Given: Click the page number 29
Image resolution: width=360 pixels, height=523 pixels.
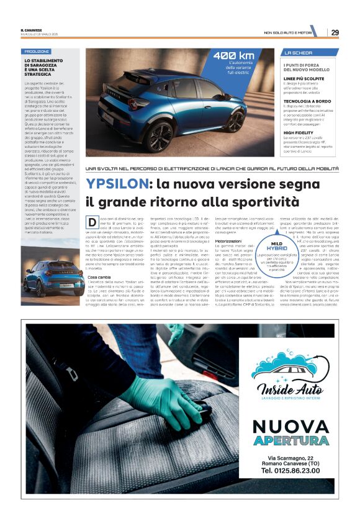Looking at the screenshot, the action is [335, 32].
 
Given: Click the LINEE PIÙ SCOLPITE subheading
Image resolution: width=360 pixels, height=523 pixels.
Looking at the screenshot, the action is [305, 78].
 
